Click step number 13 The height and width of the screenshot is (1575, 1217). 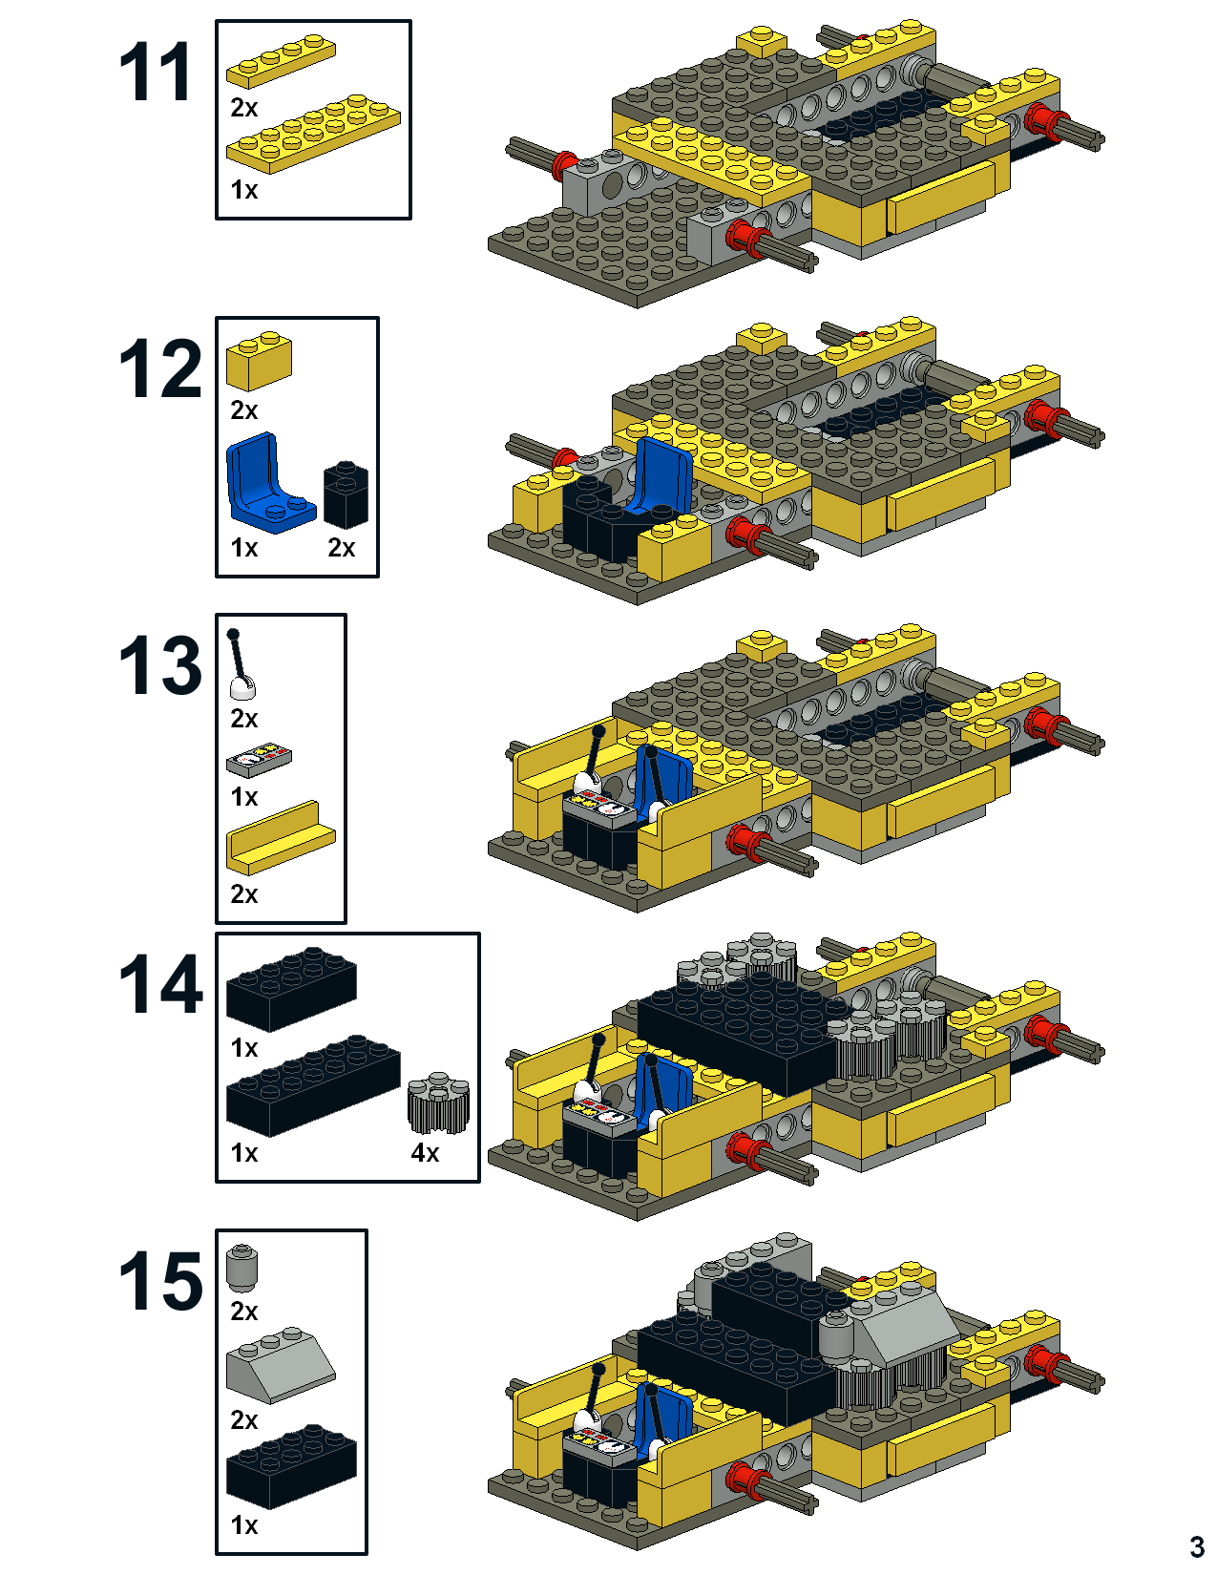[x=159, y=665]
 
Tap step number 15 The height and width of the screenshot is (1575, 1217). [x=159, y=1281]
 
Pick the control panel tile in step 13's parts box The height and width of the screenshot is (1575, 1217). [x=259, y=761]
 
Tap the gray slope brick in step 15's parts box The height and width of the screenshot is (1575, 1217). [x=281, y=1365]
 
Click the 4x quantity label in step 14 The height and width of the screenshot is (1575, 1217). [x=425, y=1153]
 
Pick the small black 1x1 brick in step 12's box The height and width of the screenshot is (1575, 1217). [x=346, y=495]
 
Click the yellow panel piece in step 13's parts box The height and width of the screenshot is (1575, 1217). [x=281, y=837]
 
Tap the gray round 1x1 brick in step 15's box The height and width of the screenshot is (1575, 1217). [x=243, y=1268]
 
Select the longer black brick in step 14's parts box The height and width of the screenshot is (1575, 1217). [x=312, y=1085]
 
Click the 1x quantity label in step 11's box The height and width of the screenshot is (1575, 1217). [x=244, y=190]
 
